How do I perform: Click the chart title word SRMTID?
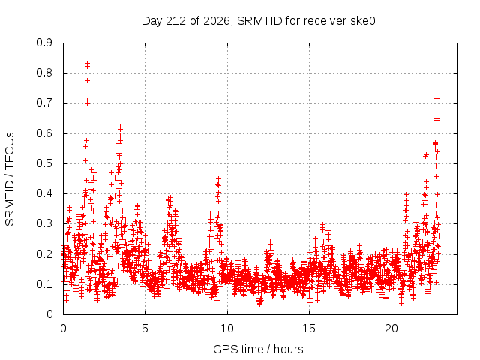(259, 21)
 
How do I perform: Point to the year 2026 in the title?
(216, 21)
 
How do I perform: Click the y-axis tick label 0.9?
(44, 43)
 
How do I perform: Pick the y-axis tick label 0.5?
(44, 163)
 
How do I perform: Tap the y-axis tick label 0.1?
(44, 284)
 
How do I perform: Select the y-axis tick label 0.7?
(44, 103)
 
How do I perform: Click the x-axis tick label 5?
(145, 328)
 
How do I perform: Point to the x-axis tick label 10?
(226, 328)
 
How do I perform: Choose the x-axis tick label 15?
(309, 328)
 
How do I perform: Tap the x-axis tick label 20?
(391, 328)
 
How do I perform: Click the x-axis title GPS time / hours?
(258, 349)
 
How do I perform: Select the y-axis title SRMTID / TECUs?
(10, 179)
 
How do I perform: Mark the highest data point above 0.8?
(87, 63)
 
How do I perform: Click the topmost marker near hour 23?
(436, 98)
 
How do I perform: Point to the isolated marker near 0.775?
(87, 80)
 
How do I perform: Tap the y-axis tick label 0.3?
(44, 223)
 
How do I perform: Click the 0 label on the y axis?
(49, 314)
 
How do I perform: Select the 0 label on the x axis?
(63, 328)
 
